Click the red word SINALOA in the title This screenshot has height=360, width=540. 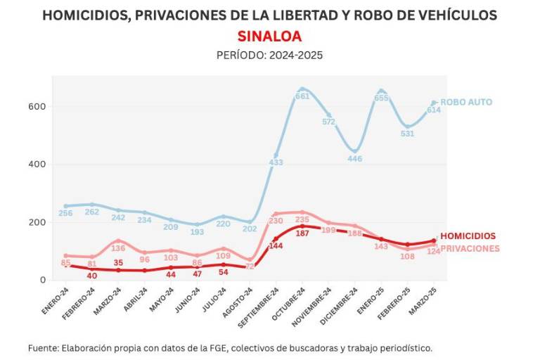pyautogui.click(x=269, y=35)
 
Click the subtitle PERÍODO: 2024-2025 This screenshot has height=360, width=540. pyautogui.click(x=269, y=55)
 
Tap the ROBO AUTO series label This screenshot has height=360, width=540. pyautogui.click(x=466, y=102)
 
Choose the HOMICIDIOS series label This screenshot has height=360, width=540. pyautogui.click(x=468, y=237)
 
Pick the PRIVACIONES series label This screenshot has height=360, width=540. pyautogui.click(x=470, y=248)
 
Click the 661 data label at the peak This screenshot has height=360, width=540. pyautogui.click(x=302, y=96)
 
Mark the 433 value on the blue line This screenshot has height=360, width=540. pyautogui.click(x=276, y=162)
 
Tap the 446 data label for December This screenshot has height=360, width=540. pyautogui.click(x=355, y=159)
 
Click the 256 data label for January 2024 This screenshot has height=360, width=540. pyautogui.click(x=66, y=214)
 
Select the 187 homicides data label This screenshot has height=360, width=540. pyautogui.click(x=302, y=233)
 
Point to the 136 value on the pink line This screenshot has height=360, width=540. pyautogui.click(x=118, y=248)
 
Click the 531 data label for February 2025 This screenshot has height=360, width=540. pyautogui.click(x=407, y=134)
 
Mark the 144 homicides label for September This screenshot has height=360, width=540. pyautogui.click(x=276, y=246)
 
